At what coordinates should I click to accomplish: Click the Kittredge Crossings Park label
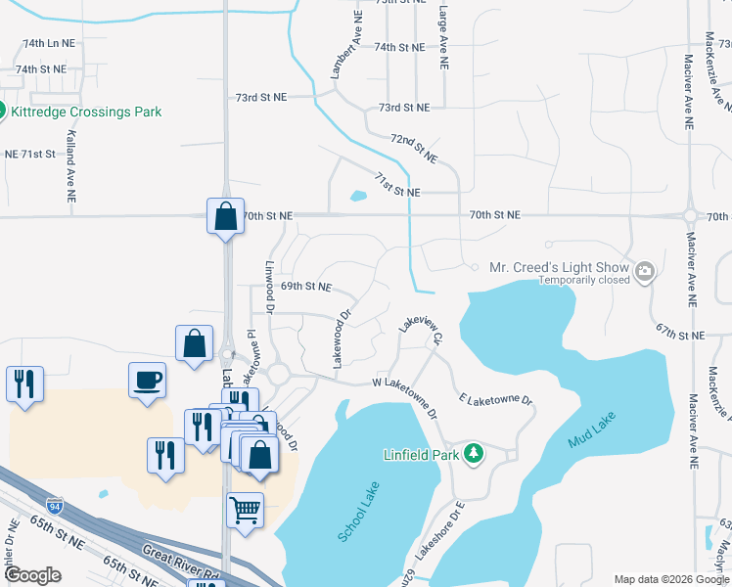coord(86,112)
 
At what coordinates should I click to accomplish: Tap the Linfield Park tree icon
coord(475,453)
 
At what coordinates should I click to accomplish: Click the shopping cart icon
coord(245,509)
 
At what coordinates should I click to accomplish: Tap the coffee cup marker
coord(148,380)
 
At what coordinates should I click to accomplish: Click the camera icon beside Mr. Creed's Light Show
coord(645,270)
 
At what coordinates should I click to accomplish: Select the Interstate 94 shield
coord(56,507)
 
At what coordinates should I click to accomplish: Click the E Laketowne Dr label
coord(495,400)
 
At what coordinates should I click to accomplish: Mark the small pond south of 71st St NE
coord(357,196)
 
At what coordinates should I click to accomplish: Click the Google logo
coord(33,575)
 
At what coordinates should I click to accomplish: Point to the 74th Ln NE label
coord(48,44)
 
